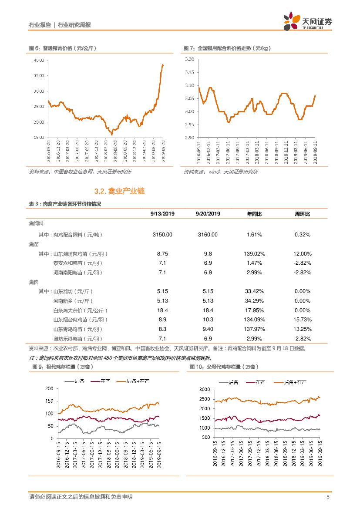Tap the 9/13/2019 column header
162,214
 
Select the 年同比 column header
254,214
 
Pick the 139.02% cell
254,254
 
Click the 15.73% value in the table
303,320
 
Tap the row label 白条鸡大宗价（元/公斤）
80,310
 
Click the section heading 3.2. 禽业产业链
119,191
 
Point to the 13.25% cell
303,329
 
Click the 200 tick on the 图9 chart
49,388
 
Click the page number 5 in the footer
327,497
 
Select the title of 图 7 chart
227,48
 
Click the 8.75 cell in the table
162,254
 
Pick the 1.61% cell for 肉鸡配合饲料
254,235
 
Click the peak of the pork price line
163,64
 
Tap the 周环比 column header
303,214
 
